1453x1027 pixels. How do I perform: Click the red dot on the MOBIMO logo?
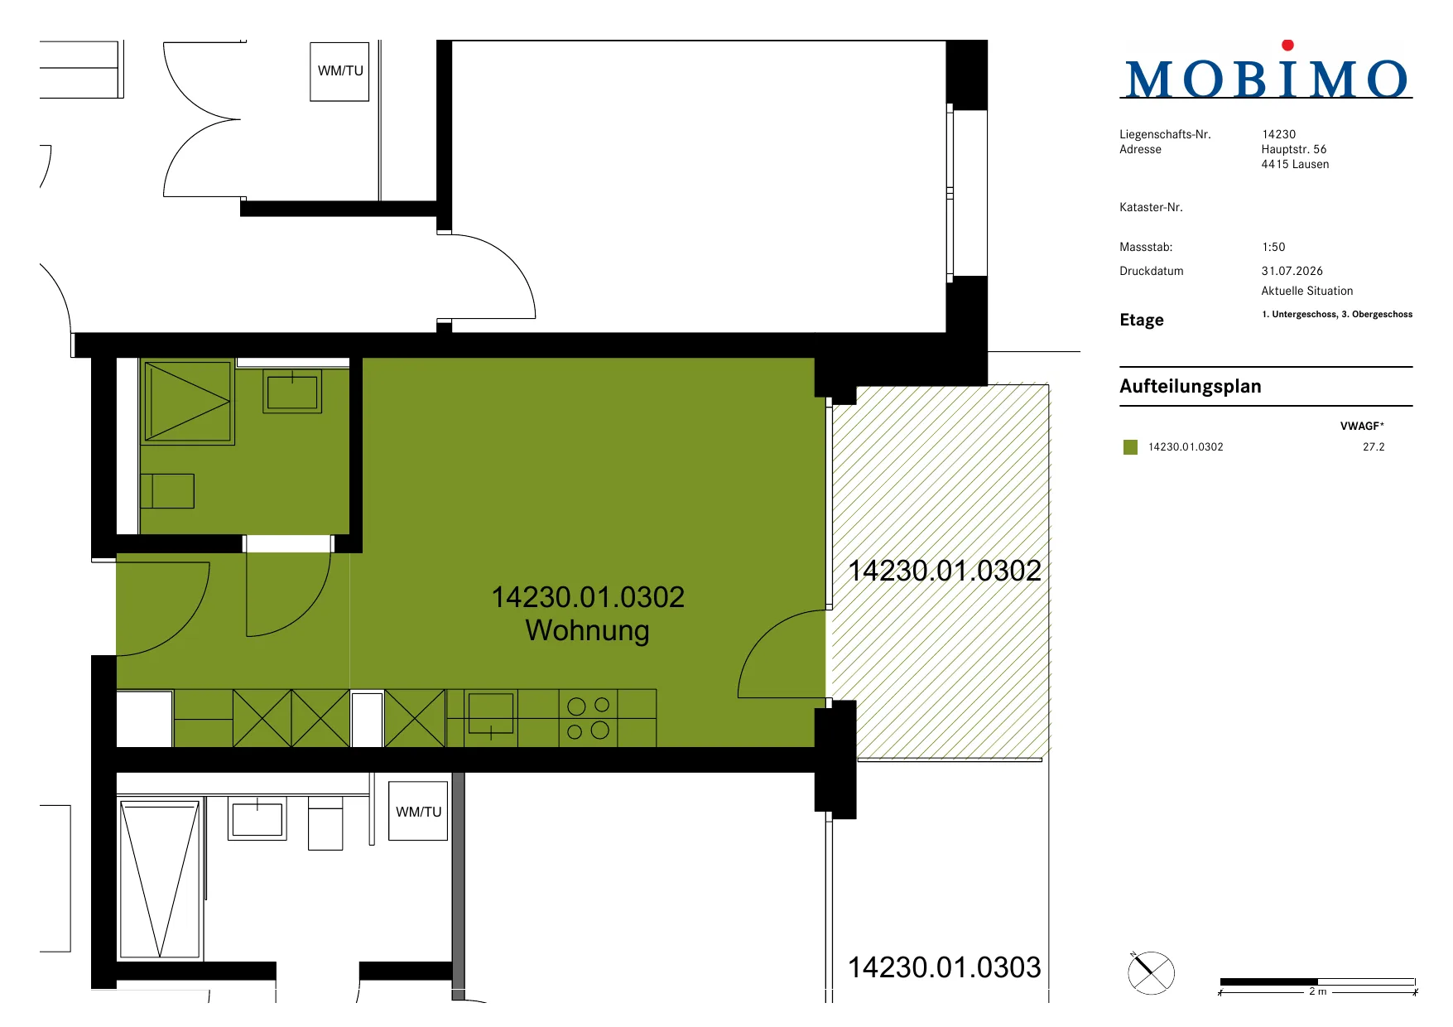point(1287,46)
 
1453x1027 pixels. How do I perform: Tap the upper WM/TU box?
point(339,72)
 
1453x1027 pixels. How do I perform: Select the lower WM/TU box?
point(418,812)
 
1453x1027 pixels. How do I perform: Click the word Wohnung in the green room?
point(587,630)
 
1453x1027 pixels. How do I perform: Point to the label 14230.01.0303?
point(944,967)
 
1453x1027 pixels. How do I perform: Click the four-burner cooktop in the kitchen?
point(588,718)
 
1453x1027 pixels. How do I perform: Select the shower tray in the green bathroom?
point(188,402)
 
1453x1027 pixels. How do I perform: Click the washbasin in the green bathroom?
point(292,391)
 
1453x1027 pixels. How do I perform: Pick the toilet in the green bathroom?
point(167,491)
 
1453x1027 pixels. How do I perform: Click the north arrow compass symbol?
point(1151,972)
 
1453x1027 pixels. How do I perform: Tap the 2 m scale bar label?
point(1317,991)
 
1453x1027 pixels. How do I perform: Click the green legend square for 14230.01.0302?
point(1130,447)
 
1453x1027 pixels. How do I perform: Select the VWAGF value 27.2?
point(1374,447)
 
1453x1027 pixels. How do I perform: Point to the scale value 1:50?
point(1273,247)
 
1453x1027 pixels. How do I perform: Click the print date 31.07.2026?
point(1292,271)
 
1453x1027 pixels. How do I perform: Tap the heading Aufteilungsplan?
point(1190,387)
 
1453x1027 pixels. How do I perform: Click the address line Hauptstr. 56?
point(1293,149)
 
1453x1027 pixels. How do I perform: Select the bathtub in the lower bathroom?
point(160,879)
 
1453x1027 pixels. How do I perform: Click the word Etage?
point(1141,321)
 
